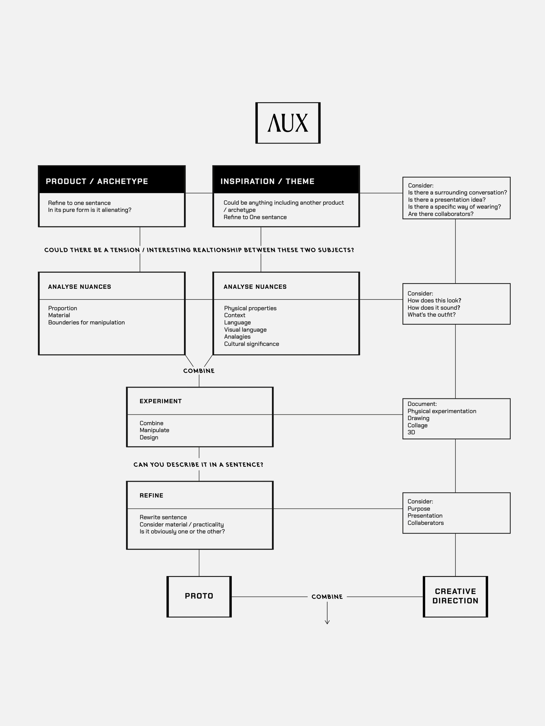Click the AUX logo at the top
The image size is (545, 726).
(288, 123)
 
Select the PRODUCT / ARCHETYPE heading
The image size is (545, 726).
(97, 181)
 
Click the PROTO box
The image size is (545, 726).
(199, 596)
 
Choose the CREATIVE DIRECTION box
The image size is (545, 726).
(455, 596)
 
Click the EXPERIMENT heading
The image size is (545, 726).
(161, 401)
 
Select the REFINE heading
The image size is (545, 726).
(151, 495)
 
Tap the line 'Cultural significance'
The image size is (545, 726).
(252, 344)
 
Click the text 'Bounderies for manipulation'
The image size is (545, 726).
(86, 322)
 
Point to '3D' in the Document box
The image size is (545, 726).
(411, 432)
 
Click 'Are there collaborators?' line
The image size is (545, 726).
(441, 214)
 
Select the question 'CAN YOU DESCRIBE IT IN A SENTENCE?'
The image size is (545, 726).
(198, 464)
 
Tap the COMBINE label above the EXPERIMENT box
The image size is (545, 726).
(199, 370)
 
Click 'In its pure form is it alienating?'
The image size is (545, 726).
(90, 210)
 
